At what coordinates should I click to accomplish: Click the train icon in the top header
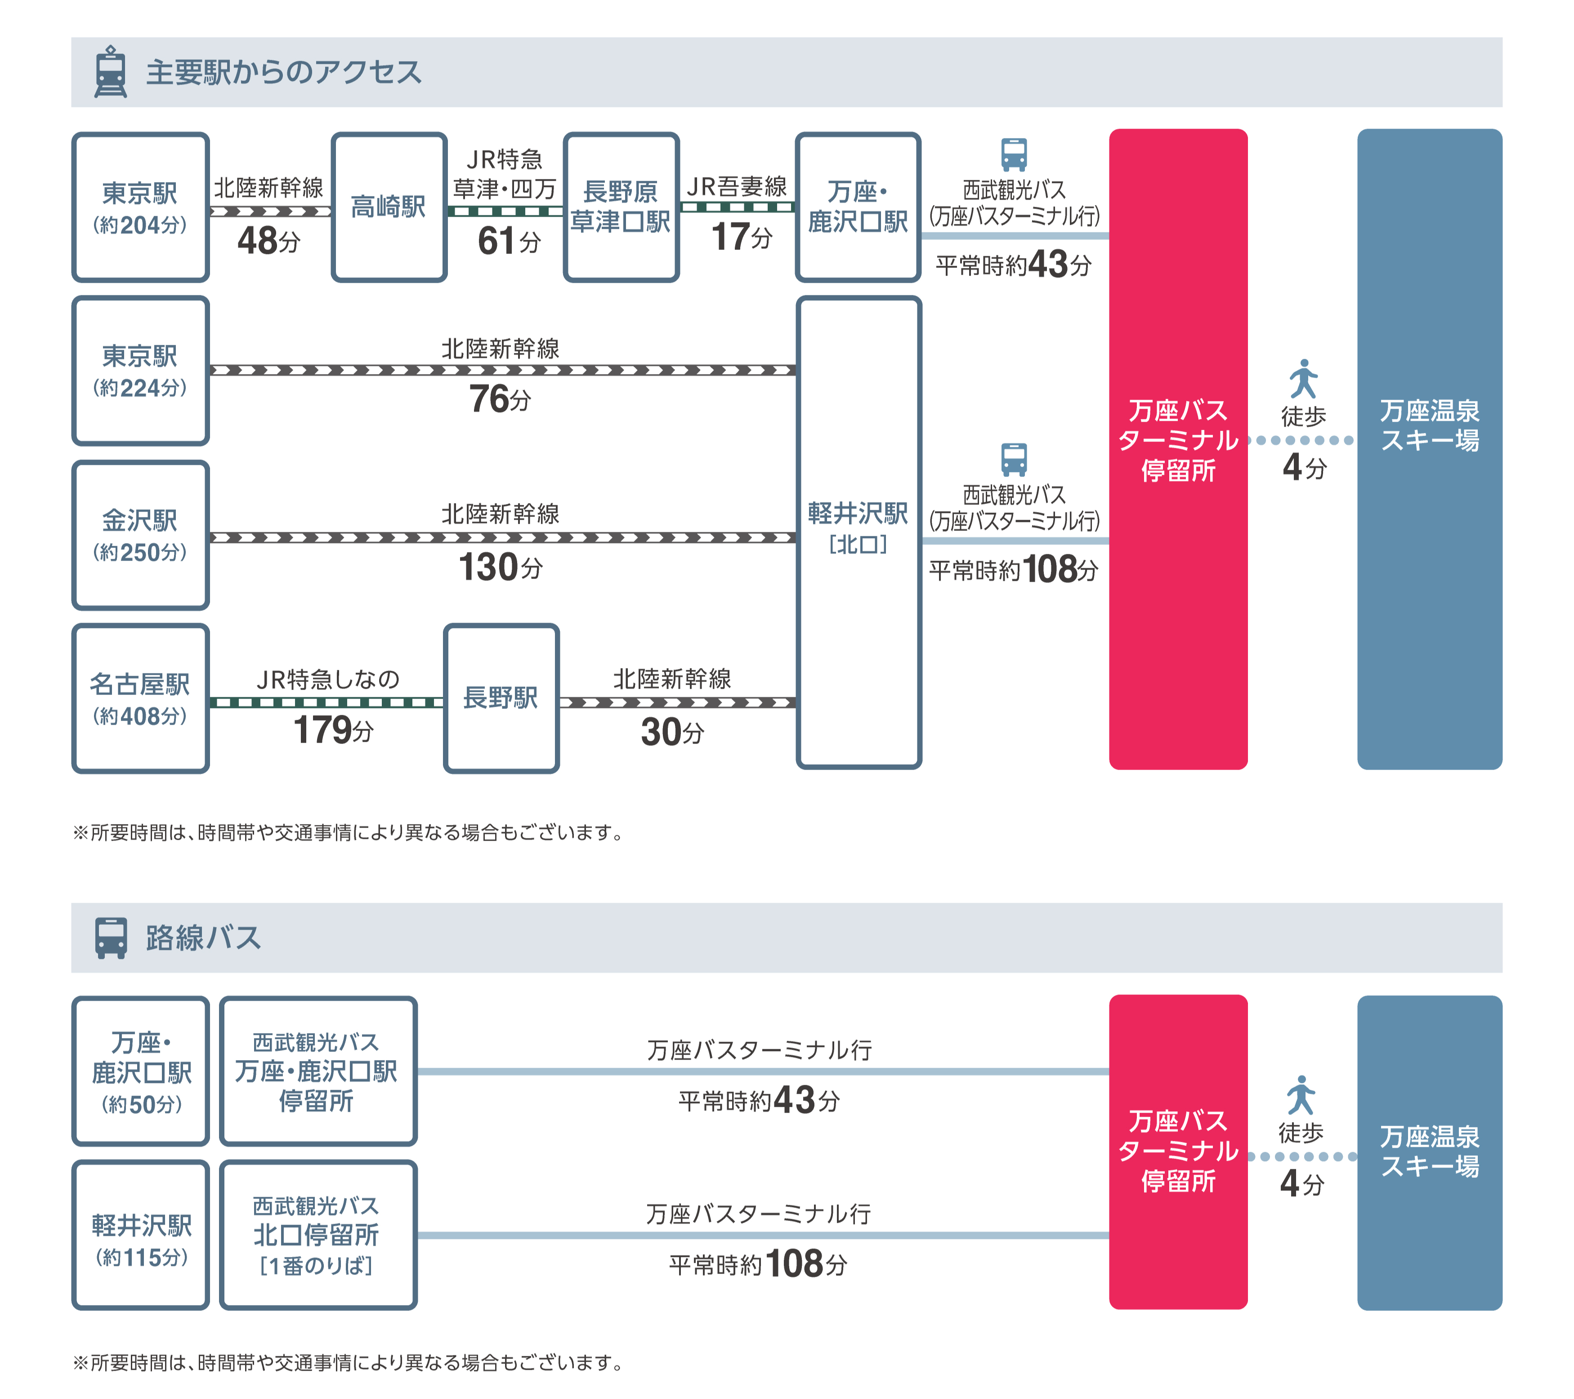pyautogui.click(x=110, y=71)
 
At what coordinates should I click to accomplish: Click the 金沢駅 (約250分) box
pyautogui.click(x=140, y=535)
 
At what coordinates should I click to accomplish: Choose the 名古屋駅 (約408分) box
pyautogui.click(x=140, y=698)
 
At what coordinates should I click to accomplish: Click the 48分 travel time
pyautogui.click(x=268, y=240)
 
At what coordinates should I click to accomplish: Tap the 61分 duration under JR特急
pyautogui.click(x=508, y=241)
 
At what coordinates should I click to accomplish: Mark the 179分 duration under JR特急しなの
pyautogui.click(x=333, y=730)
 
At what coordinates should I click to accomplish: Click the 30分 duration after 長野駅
pyautogui.click(x=671, y=731)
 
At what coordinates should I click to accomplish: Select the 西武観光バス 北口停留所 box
pyautogui.click(x=317, y=1234)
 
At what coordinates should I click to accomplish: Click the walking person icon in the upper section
pyautogui.click(x=1303, y=379)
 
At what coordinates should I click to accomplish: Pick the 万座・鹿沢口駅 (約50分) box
pyautogui.click(x=140, y=1071)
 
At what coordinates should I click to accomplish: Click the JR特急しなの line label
pyautogui.click(x=328, y=679)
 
